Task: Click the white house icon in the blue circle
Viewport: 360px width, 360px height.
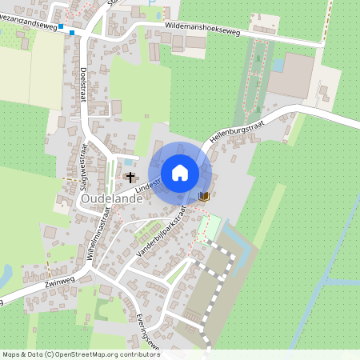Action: (x=180, y=172)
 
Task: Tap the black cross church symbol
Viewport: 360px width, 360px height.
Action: (x=130, y=176)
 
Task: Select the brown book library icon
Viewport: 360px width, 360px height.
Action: (x=204, y=195)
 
